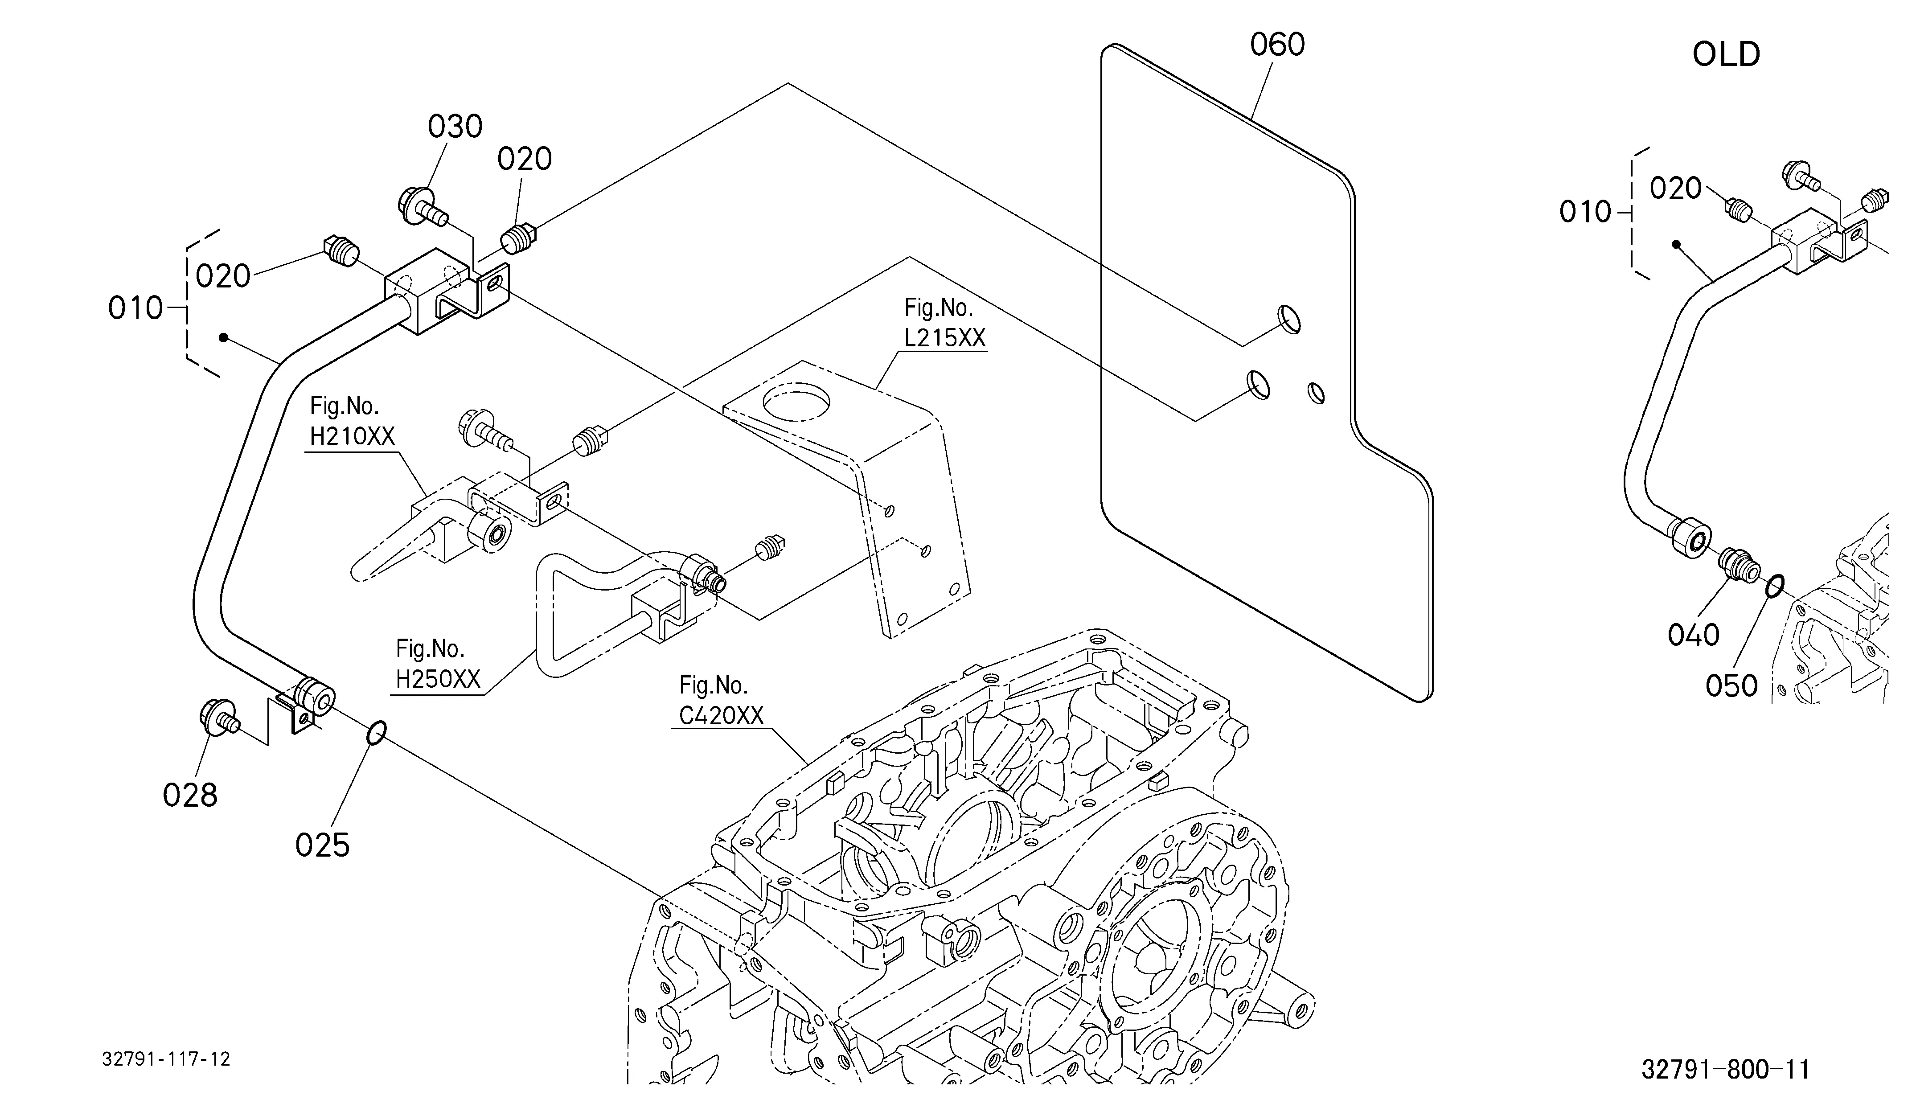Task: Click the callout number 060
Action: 1277,45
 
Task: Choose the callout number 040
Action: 1693,634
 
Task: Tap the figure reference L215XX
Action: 944,337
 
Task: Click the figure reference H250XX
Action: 438,679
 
